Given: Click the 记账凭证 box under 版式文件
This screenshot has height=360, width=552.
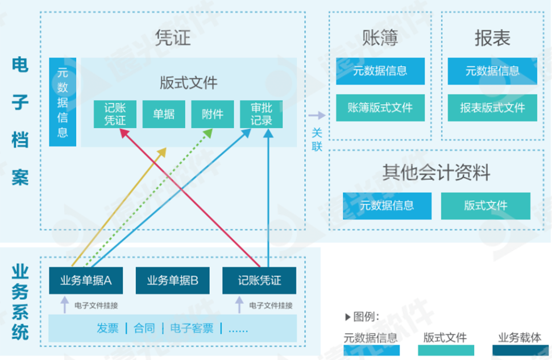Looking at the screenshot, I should point(115,114).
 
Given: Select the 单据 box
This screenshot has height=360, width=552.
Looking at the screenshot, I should point(164,114).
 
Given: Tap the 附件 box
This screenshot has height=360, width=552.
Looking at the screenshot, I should point(213,114).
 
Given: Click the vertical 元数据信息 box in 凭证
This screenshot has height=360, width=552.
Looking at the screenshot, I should point(63,102).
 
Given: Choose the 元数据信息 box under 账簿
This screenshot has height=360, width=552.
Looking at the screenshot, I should point(380,71).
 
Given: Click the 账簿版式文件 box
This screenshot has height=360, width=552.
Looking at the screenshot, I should point(380,107).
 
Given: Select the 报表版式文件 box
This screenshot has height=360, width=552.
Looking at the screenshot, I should point(492,107).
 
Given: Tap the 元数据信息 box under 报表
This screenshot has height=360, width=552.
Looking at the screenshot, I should point(492,71).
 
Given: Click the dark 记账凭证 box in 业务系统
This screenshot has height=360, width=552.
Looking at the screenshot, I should point(259,280).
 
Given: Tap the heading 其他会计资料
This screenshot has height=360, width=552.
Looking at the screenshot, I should point(436,172).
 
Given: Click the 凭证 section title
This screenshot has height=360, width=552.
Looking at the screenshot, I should point(172,38).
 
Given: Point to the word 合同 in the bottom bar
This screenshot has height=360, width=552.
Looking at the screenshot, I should point(144,328).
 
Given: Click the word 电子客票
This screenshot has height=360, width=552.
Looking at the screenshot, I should point(192,328).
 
